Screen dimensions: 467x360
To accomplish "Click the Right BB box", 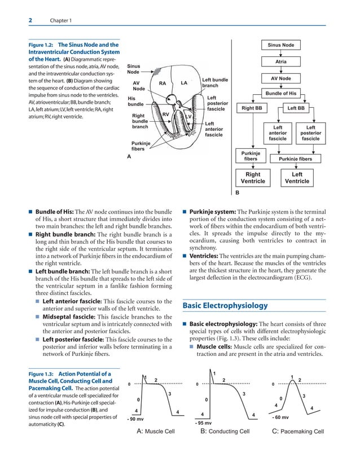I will (251, 108).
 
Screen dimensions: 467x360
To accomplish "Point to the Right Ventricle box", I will (252, 178).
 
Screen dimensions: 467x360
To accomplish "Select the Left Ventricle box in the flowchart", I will (296, 178).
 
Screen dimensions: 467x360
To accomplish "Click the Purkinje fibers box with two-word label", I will (250, 156).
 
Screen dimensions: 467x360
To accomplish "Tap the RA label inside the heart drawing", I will (163, 83).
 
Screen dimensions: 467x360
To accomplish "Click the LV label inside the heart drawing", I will (190, 117).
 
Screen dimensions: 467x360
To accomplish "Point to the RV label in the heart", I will (166, 115).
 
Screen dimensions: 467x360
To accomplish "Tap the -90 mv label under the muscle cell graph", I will (135, 420).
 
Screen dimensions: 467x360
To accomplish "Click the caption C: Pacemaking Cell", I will (297, 432).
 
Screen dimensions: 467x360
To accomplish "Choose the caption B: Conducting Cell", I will (225, 432).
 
